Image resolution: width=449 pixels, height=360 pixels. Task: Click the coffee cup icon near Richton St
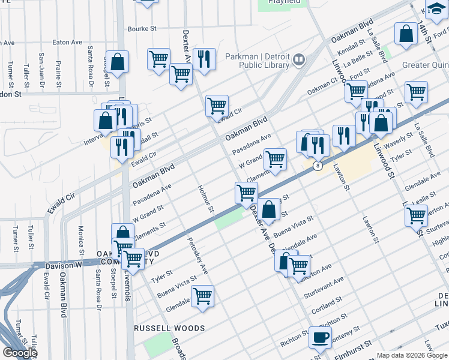[320, 337]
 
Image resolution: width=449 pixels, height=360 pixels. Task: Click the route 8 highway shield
[318, 166]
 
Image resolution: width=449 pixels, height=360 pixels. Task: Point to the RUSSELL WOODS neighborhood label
[169, 328]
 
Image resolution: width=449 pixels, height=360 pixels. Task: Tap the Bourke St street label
[142, 28]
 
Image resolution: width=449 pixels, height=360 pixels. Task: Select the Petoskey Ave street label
[199, 259]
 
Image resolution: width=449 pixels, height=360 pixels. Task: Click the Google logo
[20, 353]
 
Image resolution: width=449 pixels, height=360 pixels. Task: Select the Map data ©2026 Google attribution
[411, 355]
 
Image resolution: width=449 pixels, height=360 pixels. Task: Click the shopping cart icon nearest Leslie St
[416, 215]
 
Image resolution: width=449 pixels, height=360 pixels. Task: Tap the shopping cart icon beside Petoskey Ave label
[203, 295]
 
